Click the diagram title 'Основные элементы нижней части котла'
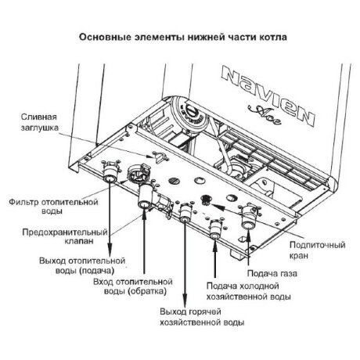[x=180, y=37]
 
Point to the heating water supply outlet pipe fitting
[x=110, y=186]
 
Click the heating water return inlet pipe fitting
[x=145, y=202]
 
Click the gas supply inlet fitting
[x=250, y=221]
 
